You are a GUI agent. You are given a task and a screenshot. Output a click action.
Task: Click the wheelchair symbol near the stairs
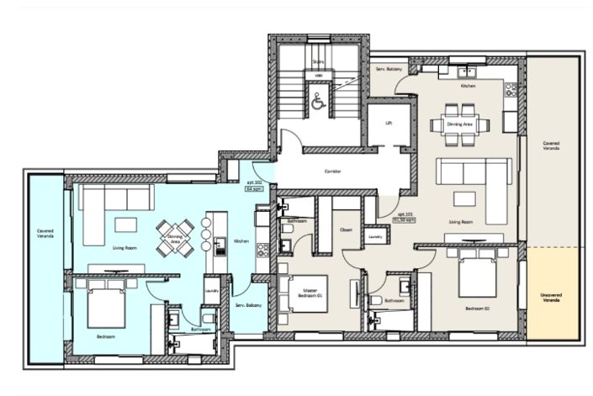coord(318,102)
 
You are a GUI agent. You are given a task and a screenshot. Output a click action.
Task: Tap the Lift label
coord(388,123)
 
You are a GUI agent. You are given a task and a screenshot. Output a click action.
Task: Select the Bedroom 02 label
coord(476,309)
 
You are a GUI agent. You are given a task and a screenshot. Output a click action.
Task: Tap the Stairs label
coord(318,62)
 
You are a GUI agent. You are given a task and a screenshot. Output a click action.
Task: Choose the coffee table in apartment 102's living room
coord(125,224)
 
